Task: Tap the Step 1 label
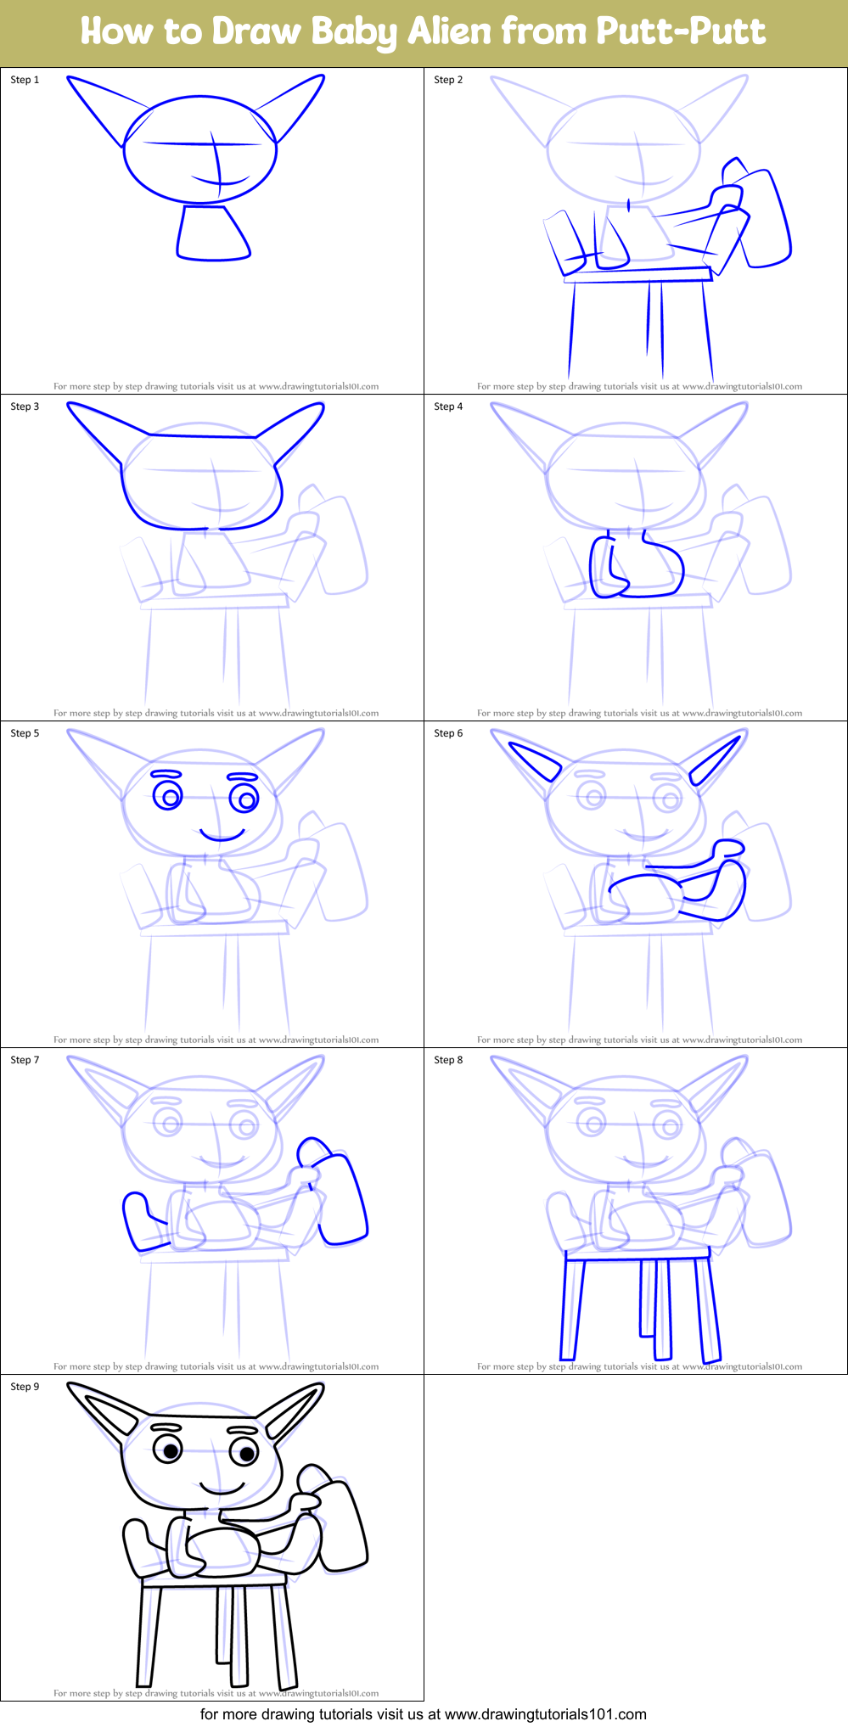click(25, 80)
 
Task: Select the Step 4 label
click(448, 407)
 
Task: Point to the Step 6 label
click(448, 733)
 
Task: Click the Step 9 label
click(25, 1387)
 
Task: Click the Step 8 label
click(448, 1060)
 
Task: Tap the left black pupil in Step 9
click(171, 1451)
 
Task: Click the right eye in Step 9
click(245, 1454)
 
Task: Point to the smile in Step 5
click(222, 836)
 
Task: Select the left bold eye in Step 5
click(168, 797)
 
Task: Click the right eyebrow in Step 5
click(243, 777)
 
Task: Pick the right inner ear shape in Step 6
click(715, 760)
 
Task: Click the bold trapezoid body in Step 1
click(212, 233)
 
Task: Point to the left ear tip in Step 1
click(71, 81)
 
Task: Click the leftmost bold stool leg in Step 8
click(573, 1307)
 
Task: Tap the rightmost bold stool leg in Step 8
click(708, 1307)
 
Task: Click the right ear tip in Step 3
click(320, 407)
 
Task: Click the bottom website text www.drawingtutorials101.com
click(545, 1714)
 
